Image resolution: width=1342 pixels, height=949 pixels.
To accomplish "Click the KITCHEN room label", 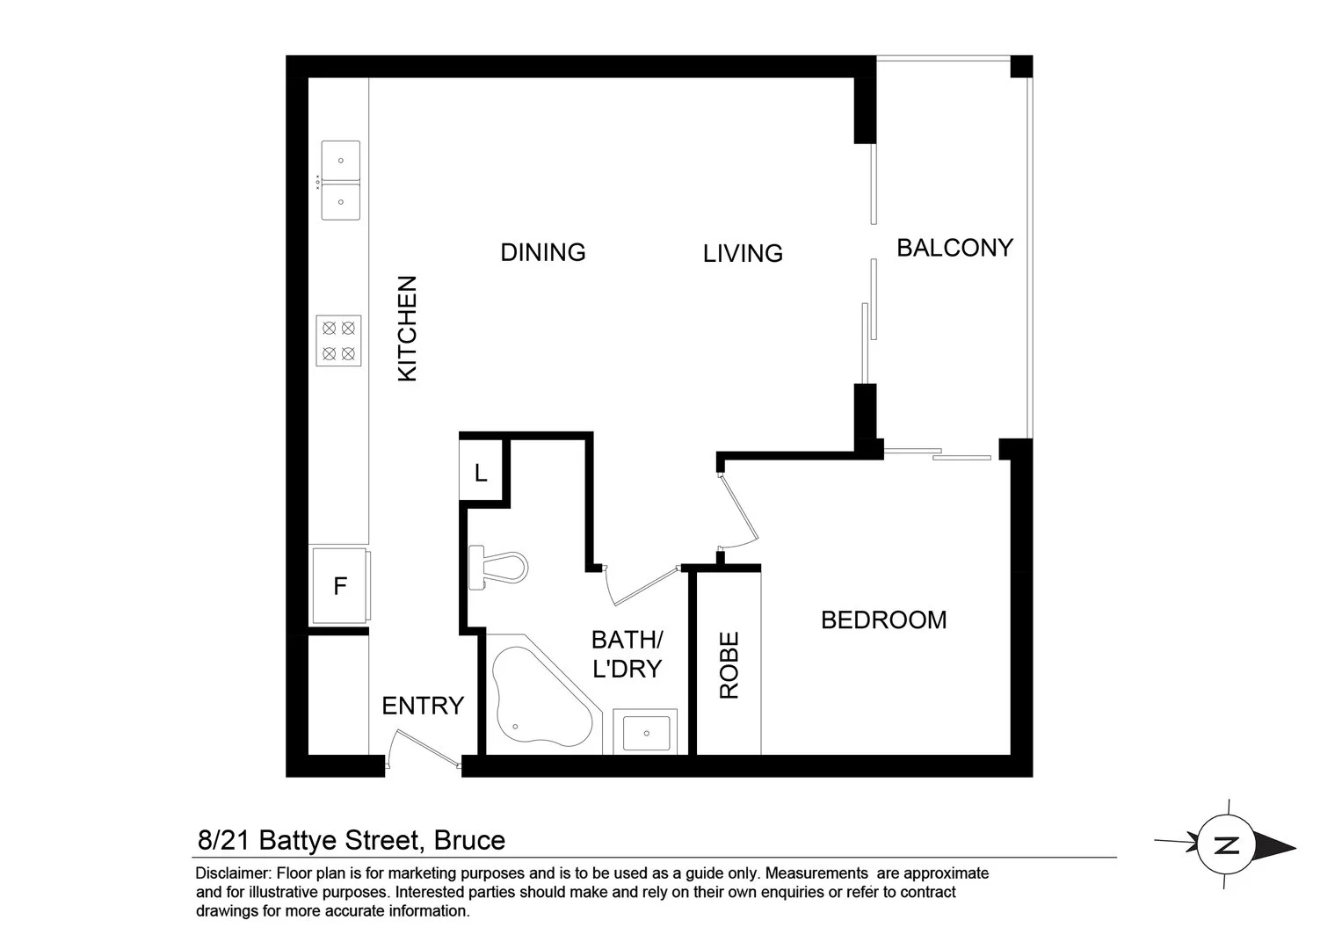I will click(407, 329).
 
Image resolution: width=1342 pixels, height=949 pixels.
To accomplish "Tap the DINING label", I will click(542, 252).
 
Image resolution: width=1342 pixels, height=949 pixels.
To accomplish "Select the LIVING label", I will click(743, 253).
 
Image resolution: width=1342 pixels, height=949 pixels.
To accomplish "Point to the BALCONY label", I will click(954, 248).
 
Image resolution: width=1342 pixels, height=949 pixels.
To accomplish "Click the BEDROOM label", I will click(883, 619).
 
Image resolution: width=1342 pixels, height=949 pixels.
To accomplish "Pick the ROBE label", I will click(729, 665).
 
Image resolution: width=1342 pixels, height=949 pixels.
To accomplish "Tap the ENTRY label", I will click(422, 706).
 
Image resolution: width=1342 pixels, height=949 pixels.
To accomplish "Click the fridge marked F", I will click(340, 586).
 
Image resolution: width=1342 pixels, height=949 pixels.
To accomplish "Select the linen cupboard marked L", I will click(481, 474).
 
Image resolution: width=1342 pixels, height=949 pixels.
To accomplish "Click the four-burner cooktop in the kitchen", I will click(339, 341).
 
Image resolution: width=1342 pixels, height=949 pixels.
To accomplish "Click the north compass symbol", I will click(1227, 845).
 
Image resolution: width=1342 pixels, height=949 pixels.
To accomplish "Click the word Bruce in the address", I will click(470, 840).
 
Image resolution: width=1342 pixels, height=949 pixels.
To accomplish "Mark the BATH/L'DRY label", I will click(627, 654).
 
